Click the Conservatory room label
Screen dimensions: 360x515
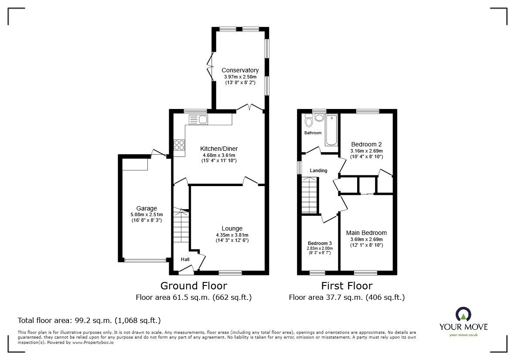[x=240, y=70]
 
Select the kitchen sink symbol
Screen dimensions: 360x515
[x=198, y=119]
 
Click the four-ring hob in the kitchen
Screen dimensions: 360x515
[x=179, y=144]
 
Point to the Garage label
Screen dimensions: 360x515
[x=146, y=208]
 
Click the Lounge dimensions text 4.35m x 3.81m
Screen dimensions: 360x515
[x=232, y=235]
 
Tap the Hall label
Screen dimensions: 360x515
[x=185, y=260]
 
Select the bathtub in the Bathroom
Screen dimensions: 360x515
[x=331, y=129]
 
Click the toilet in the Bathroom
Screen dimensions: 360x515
[x=309, y=120]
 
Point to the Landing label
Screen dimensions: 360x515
[x=318, y=170]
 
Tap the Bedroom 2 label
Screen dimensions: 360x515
[x=367, y=144]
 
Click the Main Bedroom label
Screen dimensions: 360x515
[x=366, y=233]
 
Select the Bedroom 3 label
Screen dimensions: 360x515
[x=320, y=243]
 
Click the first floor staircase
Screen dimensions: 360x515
[x=310, y=197]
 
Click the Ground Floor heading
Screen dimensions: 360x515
[x=194, y=286]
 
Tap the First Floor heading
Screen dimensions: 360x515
[x=347, y=286]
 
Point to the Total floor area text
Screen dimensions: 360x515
[x=89, y=320]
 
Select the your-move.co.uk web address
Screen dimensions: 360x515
[x=464, y=335]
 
